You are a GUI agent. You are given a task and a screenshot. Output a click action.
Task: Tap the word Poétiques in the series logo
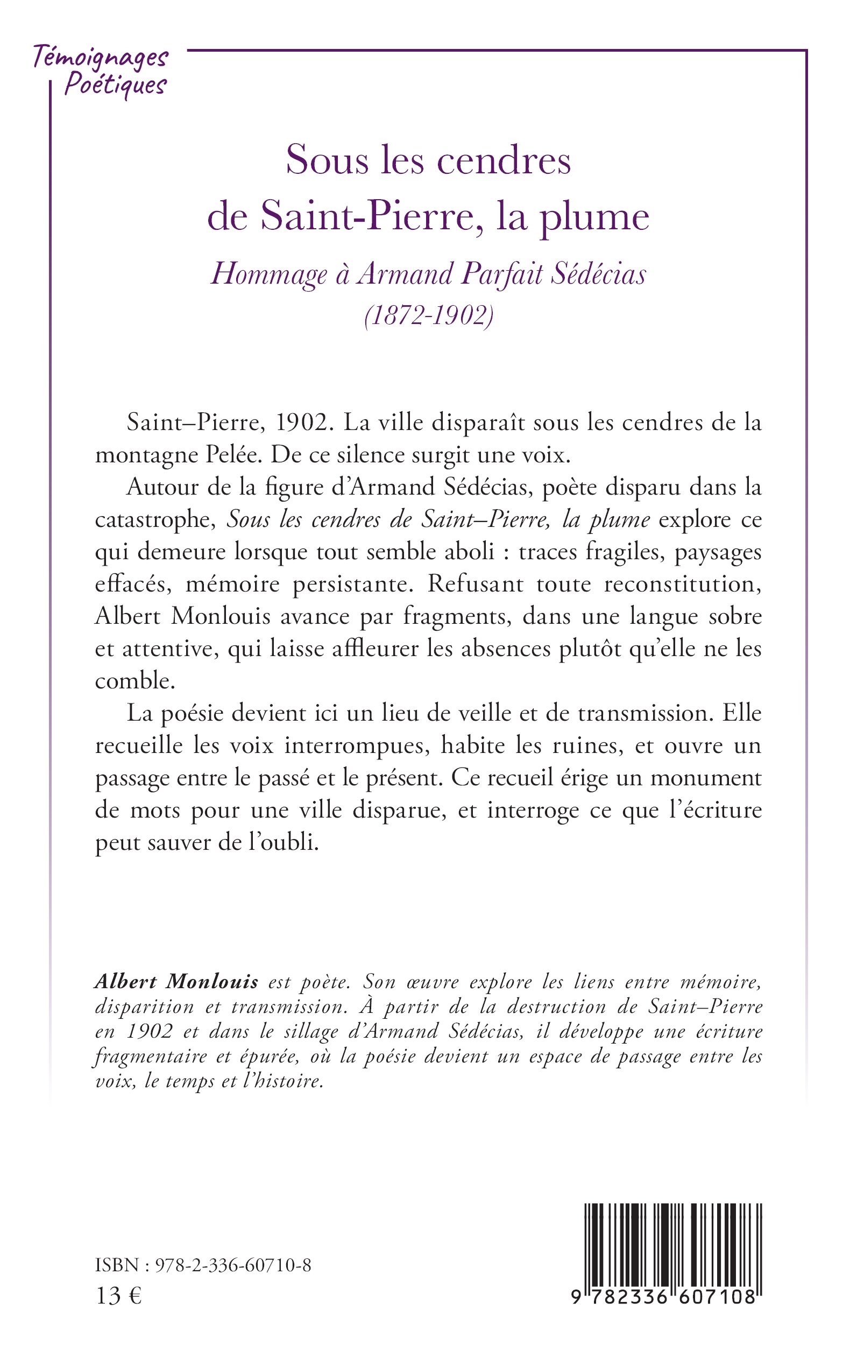[x=115, y=86]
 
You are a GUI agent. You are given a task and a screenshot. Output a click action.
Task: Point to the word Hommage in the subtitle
[x=269, y=275]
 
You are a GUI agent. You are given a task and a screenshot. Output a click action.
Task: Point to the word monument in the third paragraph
[x=706, y=777]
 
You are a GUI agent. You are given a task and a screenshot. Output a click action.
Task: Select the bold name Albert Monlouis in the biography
[x=176, y=981]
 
